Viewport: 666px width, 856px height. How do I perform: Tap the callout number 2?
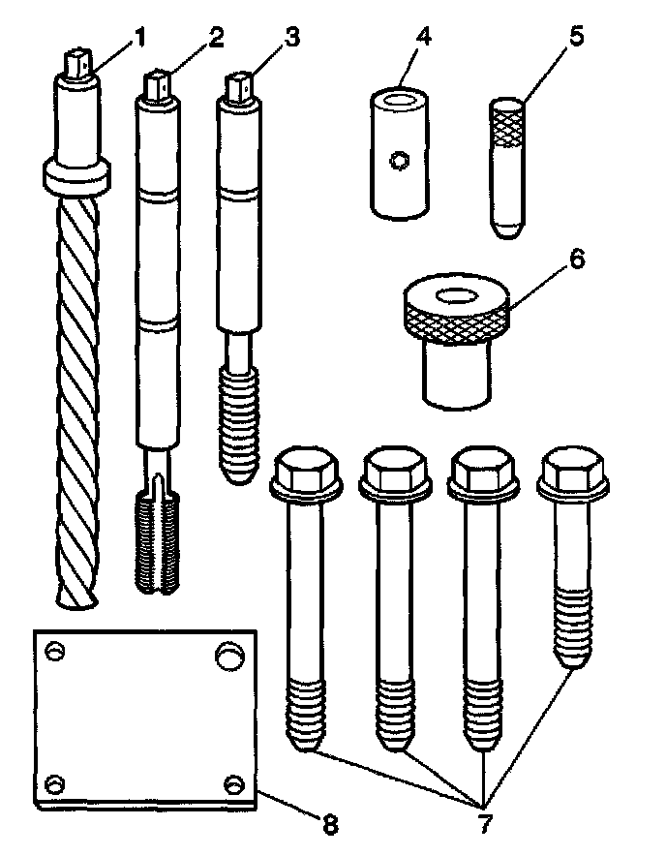(x=216, y=38)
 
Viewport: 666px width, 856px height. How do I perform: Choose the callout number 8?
(x=328, y=824)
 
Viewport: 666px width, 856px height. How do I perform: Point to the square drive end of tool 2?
(x=161, y=84)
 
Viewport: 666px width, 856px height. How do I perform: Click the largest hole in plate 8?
(x=229, y=656)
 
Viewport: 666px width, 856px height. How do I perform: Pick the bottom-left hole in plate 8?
(x=54, y=782)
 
